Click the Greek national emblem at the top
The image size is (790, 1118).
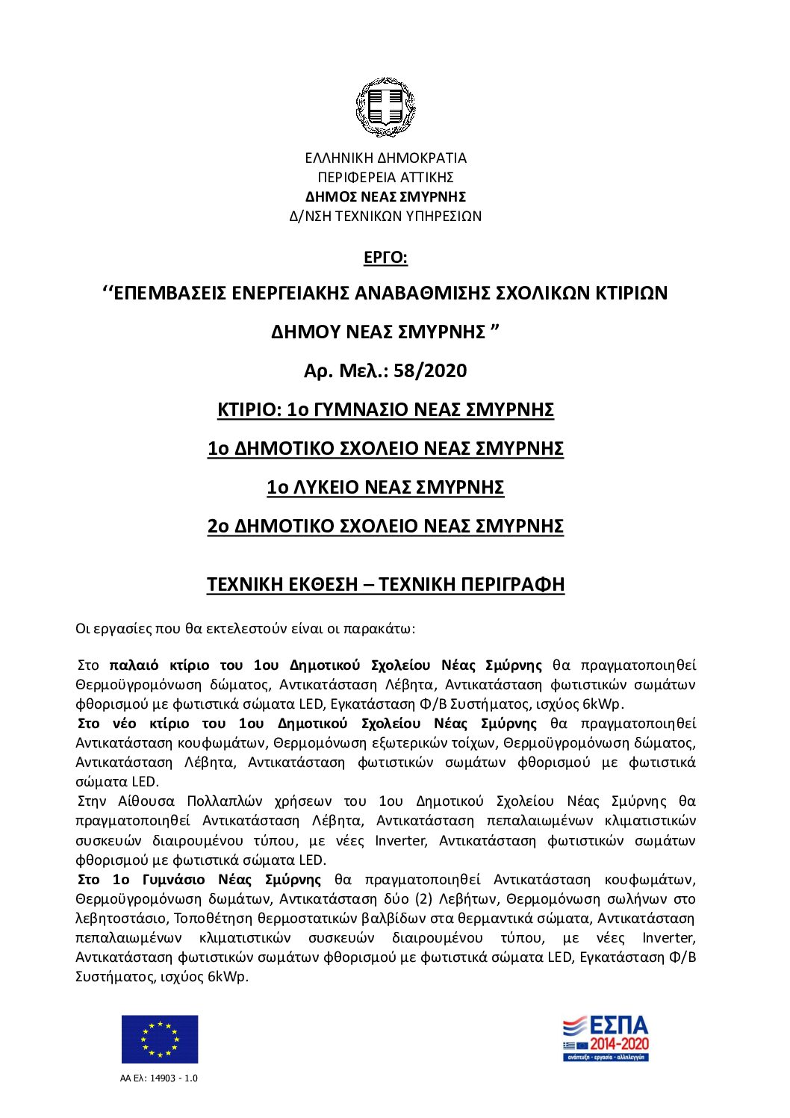coord(385,108)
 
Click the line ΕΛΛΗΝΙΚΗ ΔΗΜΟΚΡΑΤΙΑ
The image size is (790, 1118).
coord(385,158)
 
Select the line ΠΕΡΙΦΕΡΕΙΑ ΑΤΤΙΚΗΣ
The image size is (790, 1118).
coord(385,178)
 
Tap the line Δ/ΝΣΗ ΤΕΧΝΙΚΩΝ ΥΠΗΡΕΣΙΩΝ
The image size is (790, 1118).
coord(385,217)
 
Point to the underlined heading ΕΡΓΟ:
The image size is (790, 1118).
coord(385,258)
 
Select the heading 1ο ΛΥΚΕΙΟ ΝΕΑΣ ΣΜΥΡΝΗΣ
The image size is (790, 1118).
coord(385,488)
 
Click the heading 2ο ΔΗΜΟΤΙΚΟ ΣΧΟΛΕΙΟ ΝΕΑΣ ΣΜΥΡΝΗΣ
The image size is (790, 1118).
coord(385,527)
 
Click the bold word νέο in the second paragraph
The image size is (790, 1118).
coord(124,724)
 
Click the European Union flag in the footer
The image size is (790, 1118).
coord(160,1039)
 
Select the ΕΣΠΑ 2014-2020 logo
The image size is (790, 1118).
coord(606,1037)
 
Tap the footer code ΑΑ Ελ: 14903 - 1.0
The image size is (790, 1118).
coord(159,1078)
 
